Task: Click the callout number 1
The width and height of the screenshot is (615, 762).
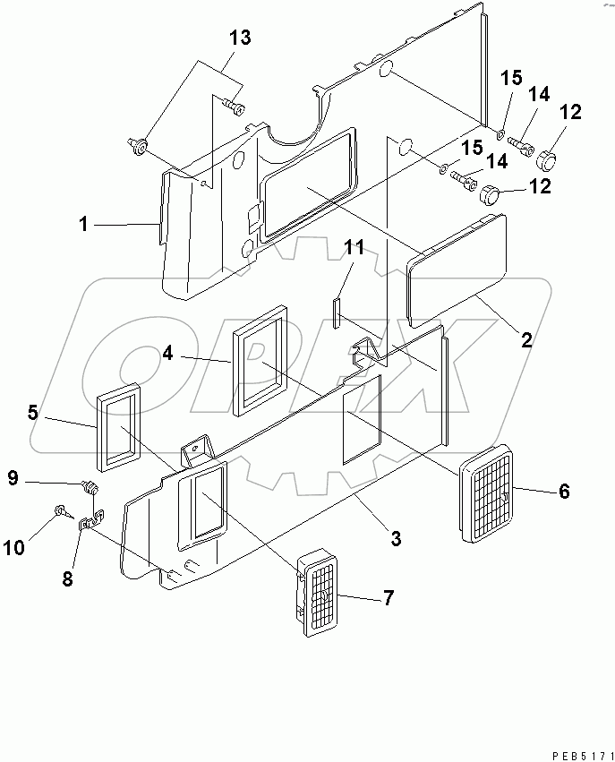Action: click(83, 224)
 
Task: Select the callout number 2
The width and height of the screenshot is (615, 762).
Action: click(526, 339)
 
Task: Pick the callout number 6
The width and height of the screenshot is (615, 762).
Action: click(563, 491)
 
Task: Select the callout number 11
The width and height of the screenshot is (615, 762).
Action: click(354, 248)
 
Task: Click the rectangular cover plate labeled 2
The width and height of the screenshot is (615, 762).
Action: click(457, 270)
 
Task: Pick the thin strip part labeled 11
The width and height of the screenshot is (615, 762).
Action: click(336, 313)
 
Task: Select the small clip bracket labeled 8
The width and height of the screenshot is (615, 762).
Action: click(90, 523)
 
